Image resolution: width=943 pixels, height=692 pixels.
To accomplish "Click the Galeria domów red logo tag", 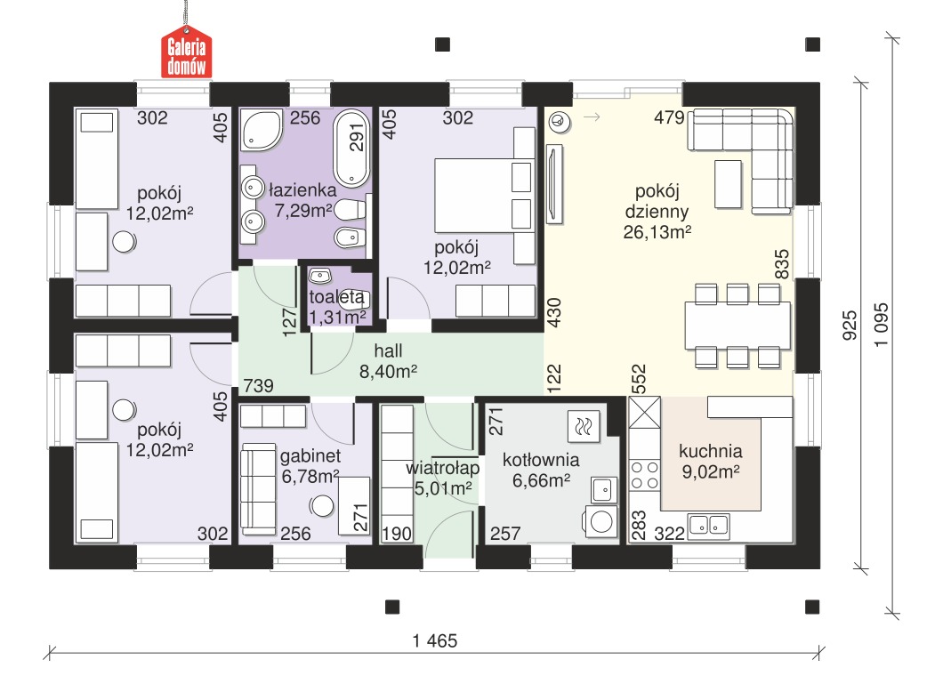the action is (x=187, y=52).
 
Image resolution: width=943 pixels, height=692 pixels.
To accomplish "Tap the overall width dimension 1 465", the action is (x=435, y=641).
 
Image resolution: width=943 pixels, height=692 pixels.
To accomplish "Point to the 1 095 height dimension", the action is (x=881, y=324).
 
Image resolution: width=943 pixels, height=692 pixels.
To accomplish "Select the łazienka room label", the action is (x=302, y=190).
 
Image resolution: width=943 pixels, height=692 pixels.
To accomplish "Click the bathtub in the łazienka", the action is (x=351, y=148).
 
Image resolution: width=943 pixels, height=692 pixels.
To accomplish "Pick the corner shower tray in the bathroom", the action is (x=262, y=129).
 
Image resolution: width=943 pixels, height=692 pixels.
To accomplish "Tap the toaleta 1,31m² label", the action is (x=337, y=307).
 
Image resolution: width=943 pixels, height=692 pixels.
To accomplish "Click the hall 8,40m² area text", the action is (x=389, y=361).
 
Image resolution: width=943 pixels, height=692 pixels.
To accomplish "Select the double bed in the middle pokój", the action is (x=484, y=196).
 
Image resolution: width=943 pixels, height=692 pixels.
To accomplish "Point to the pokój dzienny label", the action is (x=657, y=201).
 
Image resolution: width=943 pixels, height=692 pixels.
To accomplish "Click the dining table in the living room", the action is (x=737, y=326).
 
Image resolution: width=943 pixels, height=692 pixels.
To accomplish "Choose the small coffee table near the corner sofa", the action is (x=728, y=184).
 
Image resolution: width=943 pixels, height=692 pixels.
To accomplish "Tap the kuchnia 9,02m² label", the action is (x=711, y=461).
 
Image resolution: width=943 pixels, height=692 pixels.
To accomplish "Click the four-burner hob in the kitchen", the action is (x=645, y=475).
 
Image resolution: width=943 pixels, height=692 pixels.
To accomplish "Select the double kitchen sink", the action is (x=709, y=525).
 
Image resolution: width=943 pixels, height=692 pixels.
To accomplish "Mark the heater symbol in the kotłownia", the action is (x=584, y=427).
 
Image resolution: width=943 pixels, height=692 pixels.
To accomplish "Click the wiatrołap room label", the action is (x=443, y=468).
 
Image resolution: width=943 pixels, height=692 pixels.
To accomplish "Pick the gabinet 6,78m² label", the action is (x=310, y=466).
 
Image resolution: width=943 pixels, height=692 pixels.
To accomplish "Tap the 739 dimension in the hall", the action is (x=259, y=385).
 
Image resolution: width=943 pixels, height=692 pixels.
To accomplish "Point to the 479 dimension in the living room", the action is (x=669, y=117).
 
